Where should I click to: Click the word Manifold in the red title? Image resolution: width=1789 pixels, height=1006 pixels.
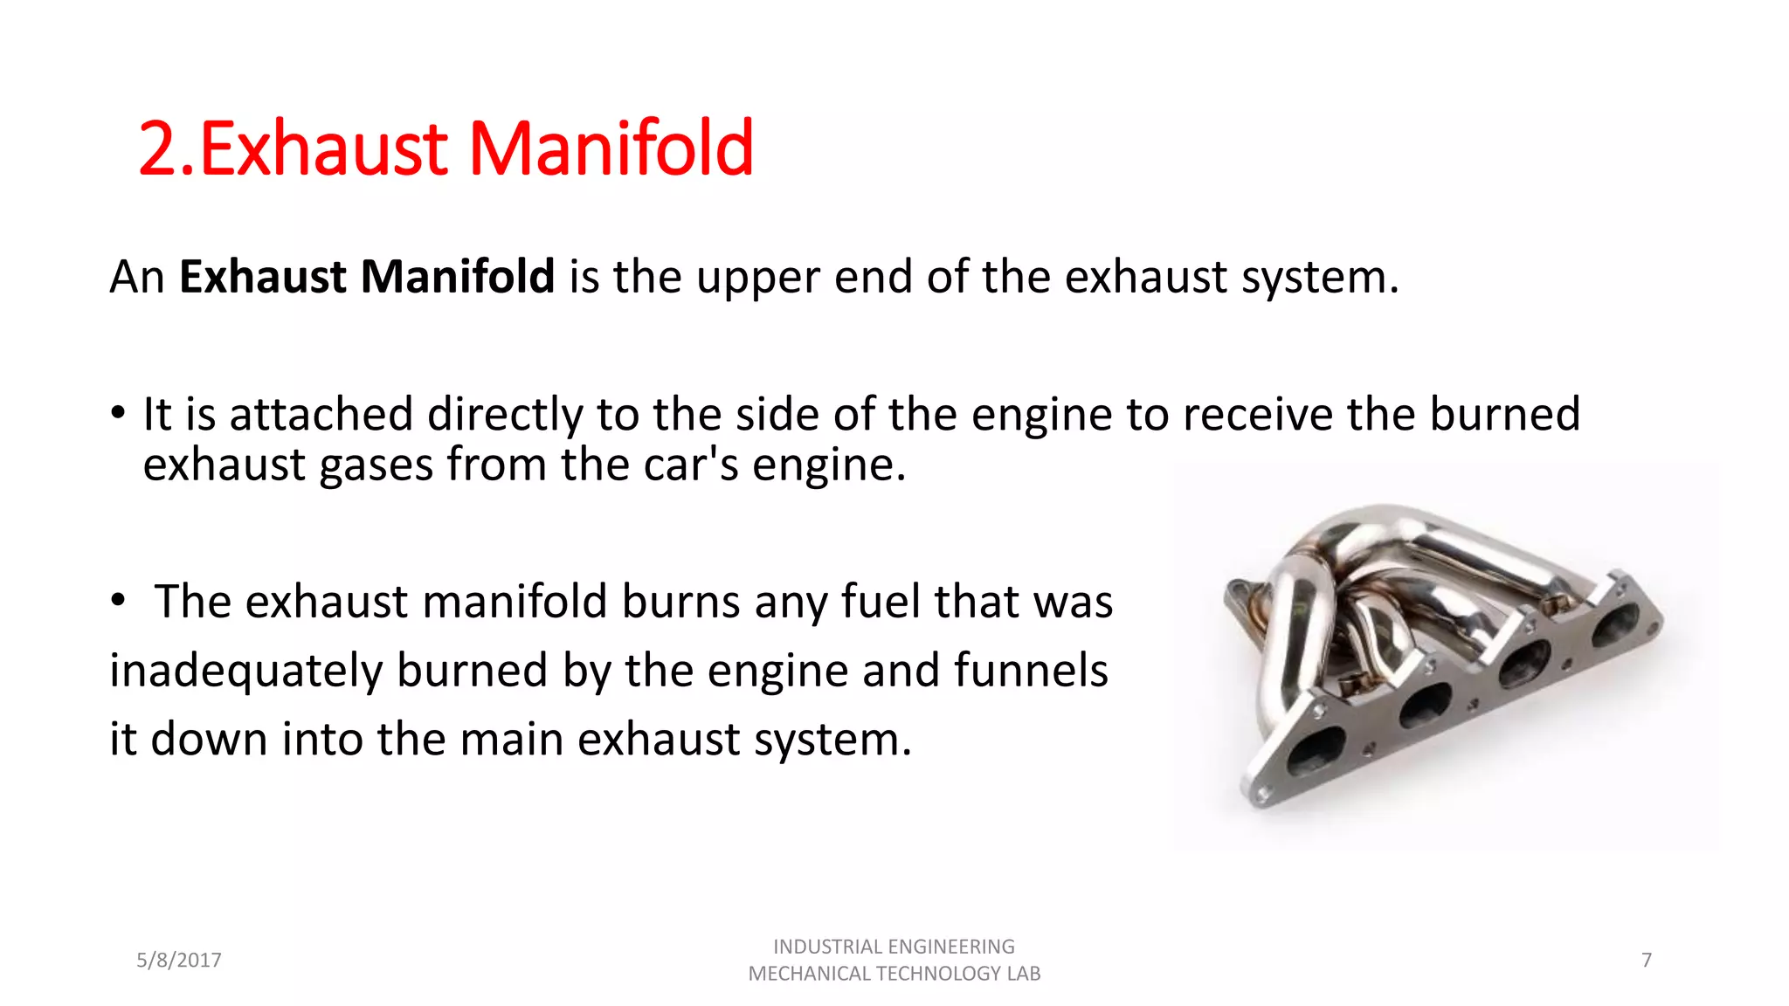(x=611, y=149)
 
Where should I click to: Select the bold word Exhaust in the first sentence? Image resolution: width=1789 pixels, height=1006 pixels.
(x=265, y=277)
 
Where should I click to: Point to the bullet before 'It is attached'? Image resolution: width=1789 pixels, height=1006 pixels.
(x=118, y=413)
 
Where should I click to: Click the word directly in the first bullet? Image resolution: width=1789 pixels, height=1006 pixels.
(x=505, y=415)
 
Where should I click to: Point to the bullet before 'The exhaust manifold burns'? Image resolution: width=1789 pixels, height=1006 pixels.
(x=118, y=601)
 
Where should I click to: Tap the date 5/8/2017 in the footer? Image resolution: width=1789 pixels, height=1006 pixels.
(x=179, y=961)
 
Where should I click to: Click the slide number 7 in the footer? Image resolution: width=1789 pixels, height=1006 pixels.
(x=1647, y=961)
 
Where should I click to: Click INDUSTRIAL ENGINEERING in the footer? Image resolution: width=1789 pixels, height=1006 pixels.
(x=894, y=947)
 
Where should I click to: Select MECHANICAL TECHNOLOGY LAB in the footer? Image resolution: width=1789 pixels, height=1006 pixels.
(x=894, y=974)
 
